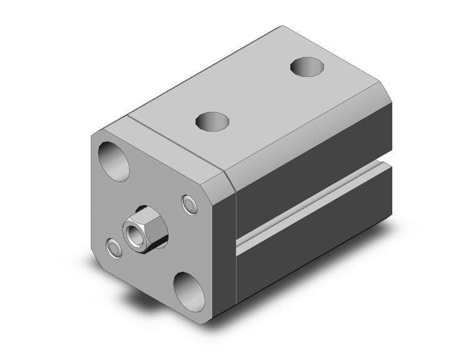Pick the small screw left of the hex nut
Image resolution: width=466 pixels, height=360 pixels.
(x=113, y=248)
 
